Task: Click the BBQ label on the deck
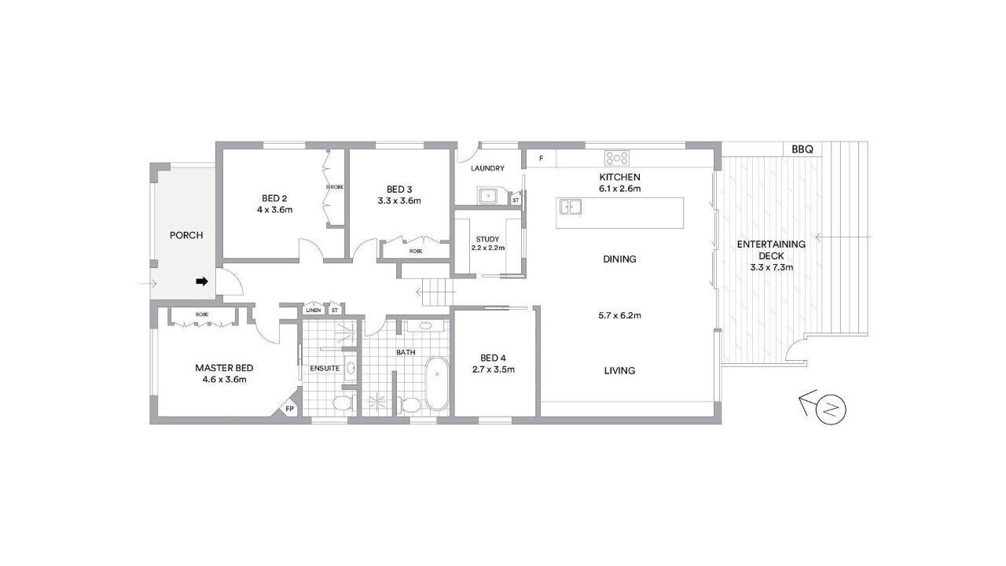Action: coord(802,149)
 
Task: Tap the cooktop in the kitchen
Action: coord(617,158)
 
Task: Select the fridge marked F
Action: coord(542,158)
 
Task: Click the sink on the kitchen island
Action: coord(571,207)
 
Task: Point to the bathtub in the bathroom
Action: coord(437,383)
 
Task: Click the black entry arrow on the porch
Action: coord(202,281)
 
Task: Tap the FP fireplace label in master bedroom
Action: coord(290,409)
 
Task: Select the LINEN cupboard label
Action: coord(314,310)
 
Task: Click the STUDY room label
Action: coord(488,240)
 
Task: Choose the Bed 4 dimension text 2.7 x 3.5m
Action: coord(494,369)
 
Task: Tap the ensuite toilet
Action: coord(343,402)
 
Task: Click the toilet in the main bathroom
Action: coord(410,405)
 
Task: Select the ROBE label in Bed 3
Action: coord(416,251)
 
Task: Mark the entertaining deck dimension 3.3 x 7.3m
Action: coord(772,267)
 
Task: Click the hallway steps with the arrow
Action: coord(435,292)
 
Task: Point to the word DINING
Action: coord(620,259)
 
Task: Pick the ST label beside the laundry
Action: coord(516,200)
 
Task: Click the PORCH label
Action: coord(186,235)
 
